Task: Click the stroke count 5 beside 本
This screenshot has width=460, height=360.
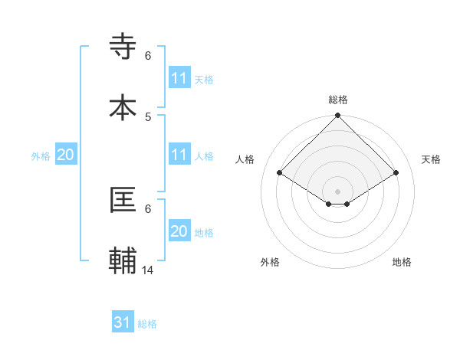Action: pos(148,116)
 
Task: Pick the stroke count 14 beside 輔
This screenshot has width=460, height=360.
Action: pos(148,270)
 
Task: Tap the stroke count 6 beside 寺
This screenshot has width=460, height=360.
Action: pos(148,56)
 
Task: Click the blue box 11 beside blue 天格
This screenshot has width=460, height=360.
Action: pos(179,78)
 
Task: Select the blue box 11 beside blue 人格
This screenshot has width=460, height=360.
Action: pos(179,155)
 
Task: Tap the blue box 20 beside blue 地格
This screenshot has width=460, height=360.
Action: pos(179,231)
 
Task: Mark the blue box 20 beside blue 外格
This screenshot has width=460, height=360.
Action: pos(65,155)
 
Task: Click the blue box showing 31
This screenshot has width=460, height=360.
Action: pos(123,322)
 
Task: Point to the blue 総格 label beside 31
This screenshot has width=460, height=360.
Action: pos(147,324)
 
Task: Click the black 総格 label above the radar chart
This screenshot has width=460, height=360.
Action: pos(337,100)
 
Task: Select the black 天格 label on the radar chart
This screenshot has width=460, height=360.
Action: pos(432,159)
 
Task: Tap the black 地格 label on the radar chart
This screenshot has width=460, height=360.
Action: pos(402,262)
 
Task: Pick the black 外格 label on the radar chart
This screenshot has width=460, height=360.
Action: pos(270,262)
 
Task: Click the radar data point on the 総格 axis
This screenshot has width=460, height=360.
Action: pos(337,116)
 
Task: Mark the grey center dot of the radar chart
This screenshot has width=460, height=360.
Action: pos(337,191)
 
